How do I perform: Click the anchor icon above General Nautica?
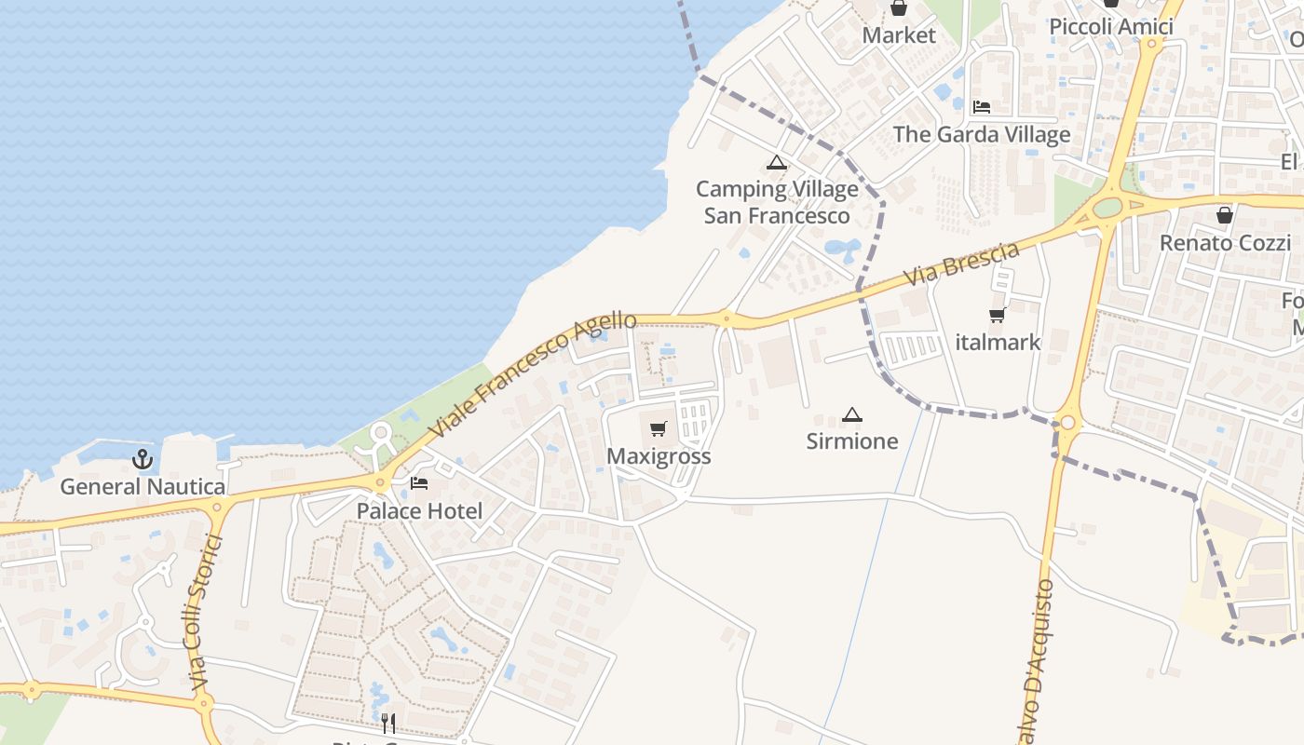point(143,458)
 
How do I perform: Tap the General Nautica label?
point(143,486)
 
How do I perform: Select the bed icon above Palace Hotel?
point(419,482)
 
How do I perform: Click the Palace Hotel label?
point(419,510)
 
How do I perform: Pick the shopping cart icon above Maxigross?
point(659,428)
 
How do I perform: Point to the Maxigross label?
point(659,456)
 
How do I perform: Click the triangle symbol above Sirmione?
point(851,413)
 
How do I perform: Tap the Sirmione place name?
point(852,440)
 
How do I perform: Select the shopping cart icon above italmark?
point(998,315)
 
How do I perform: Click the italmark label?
point(998,342)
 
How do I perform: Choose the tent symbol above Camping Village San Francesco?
point(776,163)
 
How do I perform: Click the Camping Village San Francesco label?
point(777,202)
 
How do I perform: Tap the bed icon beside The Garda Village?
point(982,106)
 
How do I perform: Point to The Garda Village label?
point(982,134)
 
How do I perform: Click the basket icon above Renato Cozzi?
point(1224,215)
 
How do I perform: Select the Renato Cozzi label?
point(1224,243)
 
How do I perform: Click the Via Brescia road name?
point(961,264)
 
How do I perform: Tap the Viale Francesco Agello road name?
point(533,374)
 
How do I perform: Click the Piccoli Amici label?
point(1110,26)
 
